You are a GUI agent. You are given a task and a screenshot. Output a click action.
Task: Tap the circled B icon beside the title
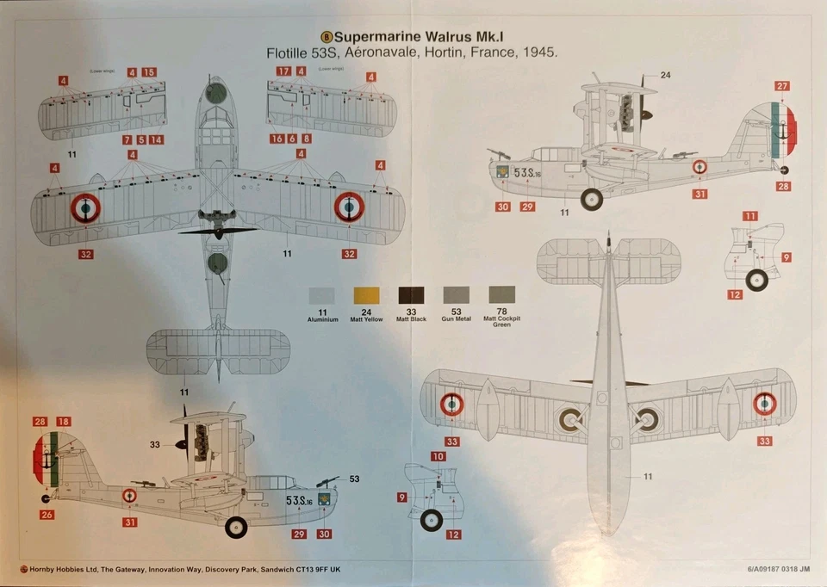[x=326, y=37]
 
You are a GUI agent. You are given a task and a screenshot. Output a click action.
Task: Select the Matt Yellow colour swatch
[x=366, y=295]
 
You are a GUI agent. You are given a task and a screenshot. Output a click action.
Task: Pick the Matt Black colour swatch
[x=411, y=295]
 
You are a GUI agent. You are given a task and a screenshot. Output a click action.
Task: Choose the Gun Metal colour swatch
[x=456, y=295]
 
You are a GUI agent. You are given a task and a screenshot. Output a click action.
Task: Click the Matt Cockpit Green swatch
[x=501, y=295]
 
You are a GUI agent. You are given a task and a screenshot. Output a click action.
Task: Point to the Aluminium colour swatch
[x=321, y=295]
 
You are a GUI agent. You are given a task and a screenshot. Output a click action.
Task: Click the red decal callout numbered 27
[x=781, y=86]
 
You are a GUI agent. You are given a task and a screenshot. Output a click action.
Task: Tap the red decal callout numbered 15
[x=149, y=72]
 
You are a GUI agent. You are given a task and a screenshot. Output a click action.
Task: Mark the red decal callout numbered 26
[x=46, y=516]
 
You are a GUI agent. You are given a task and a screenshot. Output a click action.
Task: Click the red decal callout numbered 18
[x=64, y=422]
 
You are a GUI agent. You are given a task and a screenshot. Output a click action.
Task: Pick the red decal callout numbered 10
[x=438, y=456]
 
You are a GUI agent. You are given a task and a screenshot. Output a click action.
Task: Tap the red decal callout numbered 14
[x=156, y=139]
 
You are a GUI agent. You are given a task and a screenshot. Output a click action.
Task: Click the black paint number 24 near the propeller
[x=665, y=76]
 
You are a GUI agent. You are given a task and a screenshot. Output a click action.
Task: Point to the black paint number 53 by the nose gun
[x=354, y=479]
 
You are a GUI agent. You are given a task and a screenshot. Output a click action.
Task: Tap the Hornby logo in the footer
[x=22, y=569]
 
